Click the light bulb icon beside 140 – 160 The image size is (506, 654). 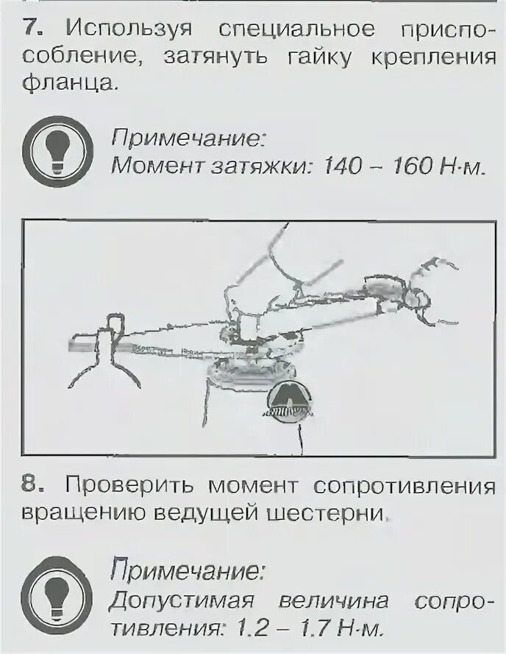click(x=56, y=150)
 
